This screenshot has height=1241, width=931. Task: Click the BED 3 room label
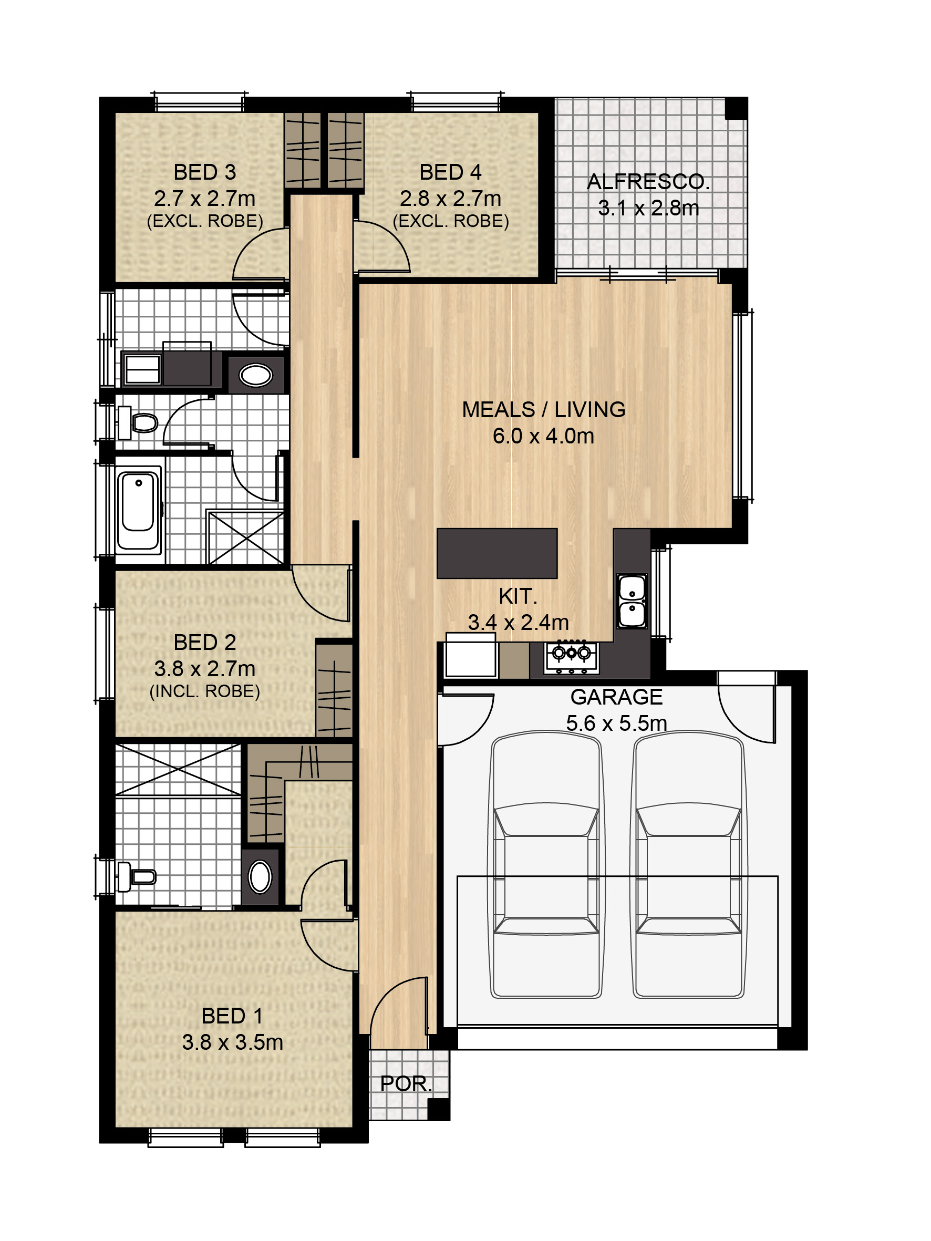(x=204, y=172)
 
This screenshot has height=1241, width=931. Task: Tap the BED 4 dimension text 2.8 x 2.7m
(x=450, y=199)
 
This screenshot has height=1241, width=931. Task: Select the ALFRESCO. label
(x=648, y=182)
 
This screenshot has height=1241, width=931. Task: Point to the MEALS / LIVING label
(x=543, y=410)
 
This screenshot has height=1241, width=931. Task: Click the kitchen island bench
(x=496, y=553)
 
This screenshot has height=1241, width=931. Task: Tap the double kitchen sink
(x=632, y=601)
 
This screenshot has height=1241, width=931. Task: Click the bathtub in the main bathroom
(x=138, y=510)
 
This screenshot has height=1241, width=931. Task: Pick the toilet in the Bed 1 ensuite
(x=137, y=876)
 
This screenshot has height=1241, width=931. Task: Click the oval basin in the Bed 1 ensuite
(x=260, y=876)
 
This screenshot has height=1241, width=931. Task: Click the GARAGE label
(x=616, y=697)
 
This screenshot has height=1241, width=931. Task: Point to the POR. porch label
(x=406, y=1084)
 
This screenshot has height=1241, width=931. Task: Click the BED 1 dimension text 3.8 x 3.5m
(x=232, y=1042)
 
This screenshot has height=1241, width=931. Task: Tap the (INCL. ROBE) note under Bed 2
(x=204, y=691)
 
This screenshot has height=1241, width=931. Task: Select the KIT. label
(x=518, y=596)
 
